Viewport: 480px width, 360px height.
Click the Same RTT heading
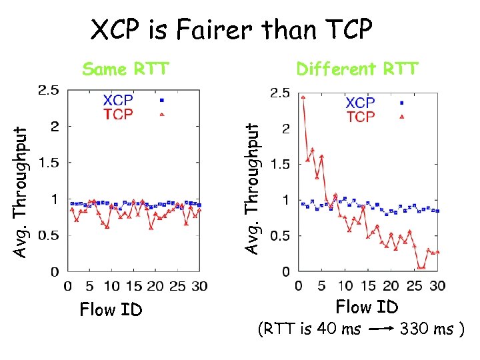click(125, 69)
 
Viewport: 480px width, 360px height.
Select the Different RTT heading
click(357, 69)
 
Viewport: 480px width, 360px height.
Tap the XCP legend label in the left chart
click(117, 100)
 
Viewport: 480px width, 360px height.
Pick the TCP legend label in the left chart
click(117, 114)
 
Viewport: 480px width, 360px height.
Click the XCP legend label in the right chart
click(360, 103)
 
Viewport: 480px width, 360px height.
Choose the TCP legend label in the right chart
click(360, 117)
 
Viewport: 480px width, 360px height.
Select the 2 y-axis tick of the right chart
click(285, 129)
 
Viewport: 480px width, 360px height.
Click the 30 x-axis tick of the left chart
click(199, 286)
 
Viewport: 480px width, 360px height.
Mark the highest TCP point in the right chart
click(303, 97)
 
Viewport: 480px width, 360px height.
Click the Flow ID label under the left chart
click(111, 309)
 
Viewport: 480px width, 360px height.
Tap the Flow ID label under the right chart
click(367, 307)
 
